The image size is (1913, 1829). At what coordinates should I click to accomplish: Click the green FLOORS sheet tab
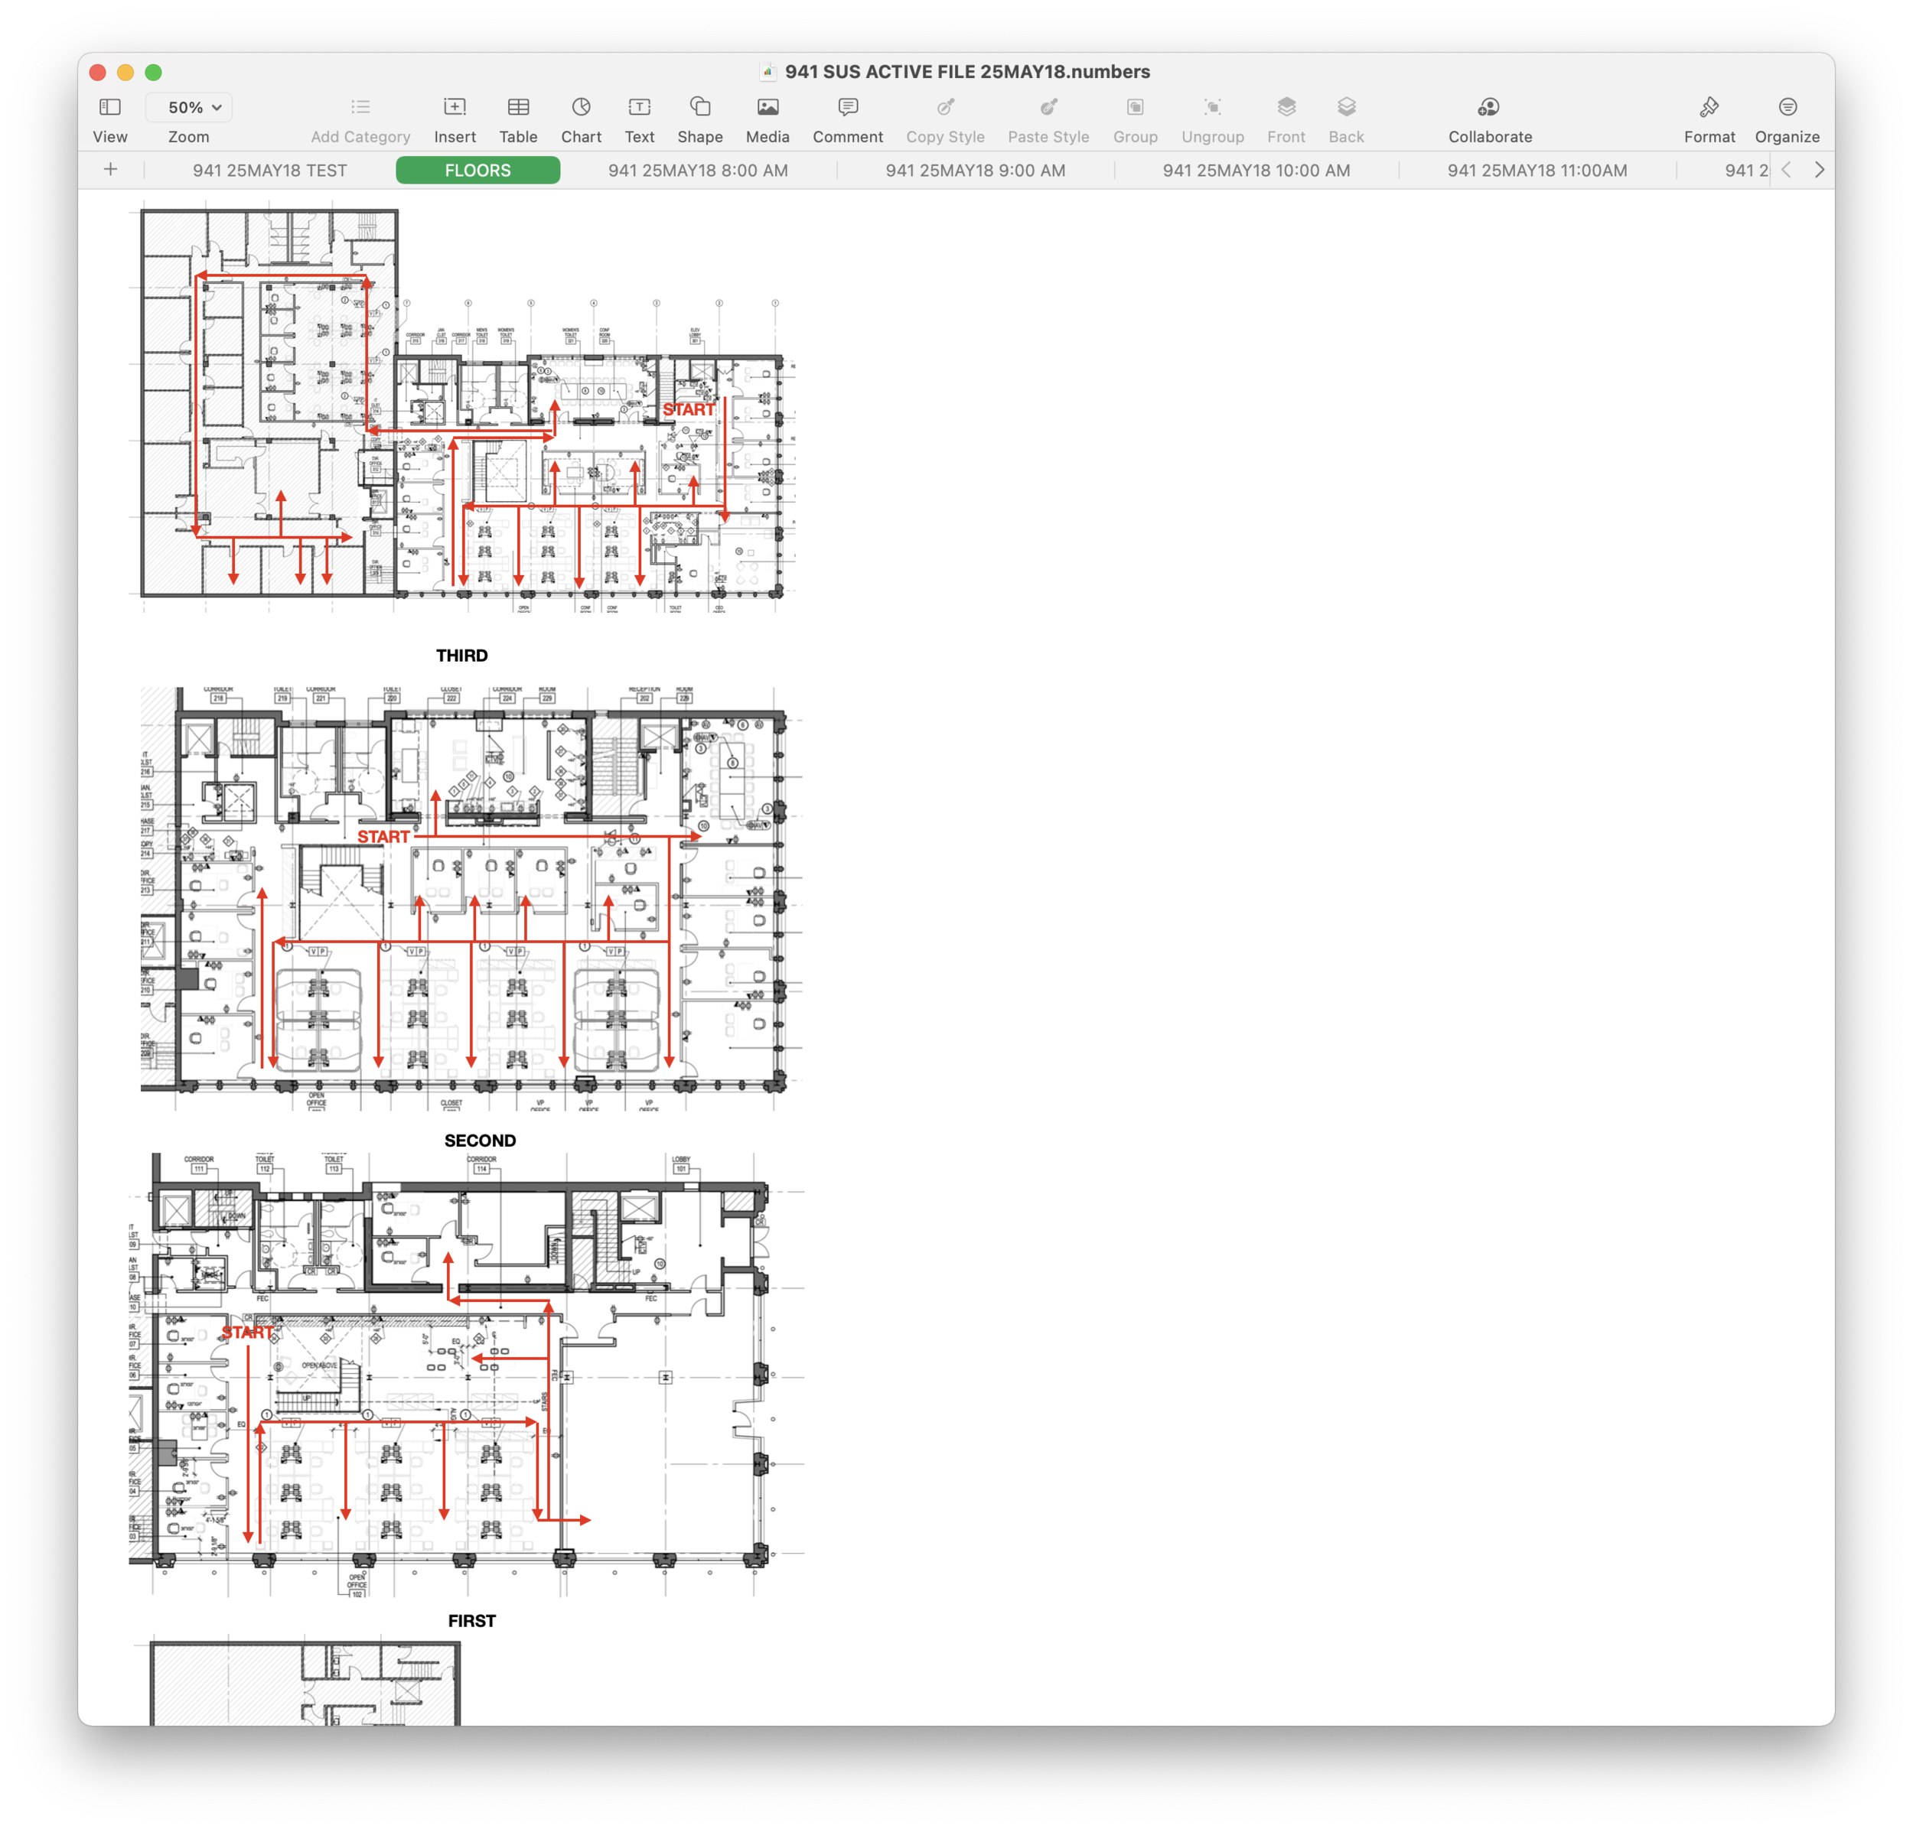coord(477,171)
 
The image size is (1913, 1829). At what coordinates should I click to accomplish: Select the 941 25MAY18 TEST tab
coord(269,171)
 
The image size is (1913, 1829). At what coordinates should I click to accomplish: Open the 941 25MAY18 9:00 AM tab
coord(975,171)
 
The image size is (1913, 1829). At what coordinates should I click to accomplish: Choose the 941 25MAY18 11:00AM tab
coord(1537,171)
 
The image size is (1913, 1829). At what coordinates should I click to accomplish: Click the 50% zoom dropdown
coord(194,107)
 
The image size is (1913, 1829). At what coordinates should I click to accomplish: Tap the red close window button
coord(97,72)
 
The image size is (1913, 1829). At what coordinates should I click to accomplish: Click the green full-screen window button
coord(153,72)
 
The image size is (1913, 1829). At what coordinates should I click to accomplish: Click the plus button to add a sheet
coord(111,171)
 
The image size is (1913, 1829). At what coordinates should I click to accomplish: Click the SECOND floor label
coord(480,1141)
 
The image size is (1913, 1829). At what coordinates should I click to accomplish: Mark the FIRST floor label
coord(472,1620)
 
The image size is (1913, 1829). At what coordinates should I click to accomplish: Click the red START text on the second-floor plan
coord(383,837)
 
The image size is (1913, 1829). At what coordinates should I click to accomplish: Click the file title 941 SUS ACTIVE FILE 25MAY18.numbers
coord(966,72)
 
